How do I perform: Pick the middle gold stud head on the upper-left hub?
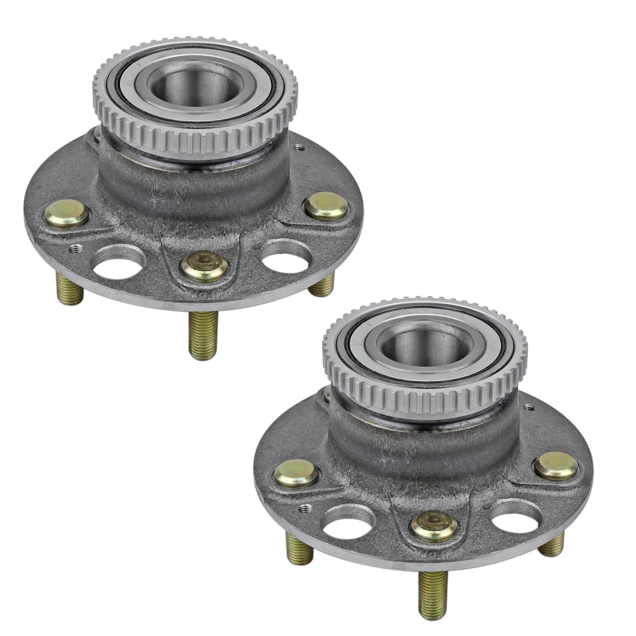coord(205,267)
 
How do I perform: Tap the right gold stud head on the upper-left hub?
coord(326,205)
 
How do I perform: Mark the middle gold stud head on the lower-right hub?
coord(434,525)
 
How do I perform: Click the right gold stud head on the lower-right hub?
coord(556,466)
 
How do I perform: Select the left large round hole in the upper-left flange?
coord(121,260)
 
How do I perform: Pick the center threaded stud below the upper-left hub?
coord(203,335)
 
